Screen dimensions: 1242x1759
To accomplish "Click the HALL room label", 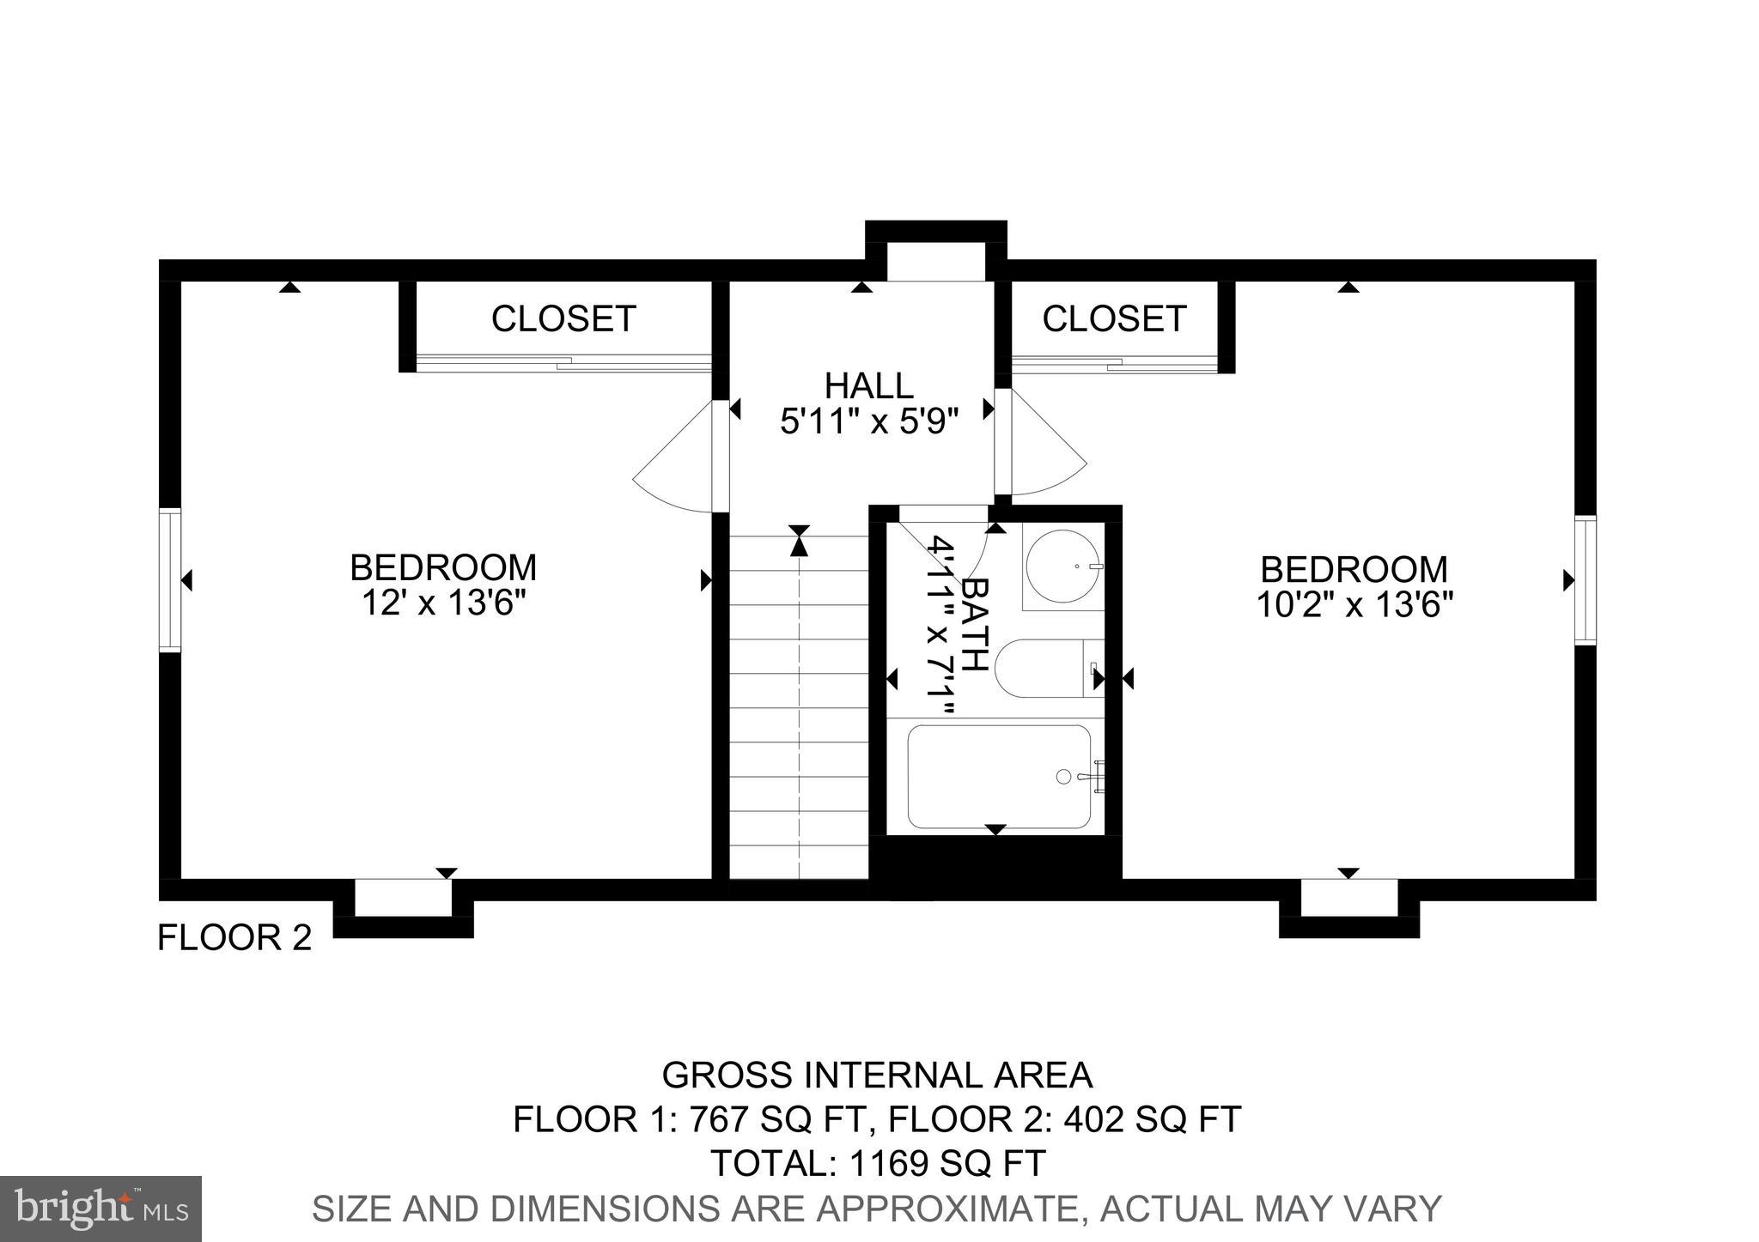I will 868,385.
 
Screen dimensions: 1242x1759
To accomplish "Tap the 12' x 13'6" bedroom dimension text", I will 442,603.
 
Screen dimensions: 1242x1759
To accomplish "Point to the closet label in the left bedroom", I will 563,318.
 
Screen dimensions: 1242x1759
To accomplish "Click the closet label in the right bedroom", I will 1114,318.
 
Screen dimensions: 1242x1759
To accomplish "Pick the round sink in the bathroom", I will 1063,566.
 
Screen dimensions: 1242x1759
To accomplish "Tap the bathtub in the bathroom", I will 1000,777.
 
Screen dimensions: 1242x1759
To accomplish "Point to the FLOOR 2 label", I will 234,937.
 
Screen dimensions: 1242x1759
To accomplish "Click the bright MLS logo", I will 100,1209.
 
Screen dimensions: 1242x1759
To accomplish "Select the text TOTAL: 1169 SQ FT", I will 877,1163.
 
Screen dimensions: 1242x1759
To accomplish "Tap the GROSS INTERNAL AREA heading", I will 877,1075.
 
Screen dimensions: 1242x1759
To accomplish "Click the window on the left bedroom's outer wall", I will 170,580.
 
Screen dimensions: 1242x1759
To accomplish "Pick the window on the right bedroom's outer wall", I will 1586,579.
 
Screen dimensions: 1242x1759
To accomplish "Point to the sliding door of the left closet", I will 563,363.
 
